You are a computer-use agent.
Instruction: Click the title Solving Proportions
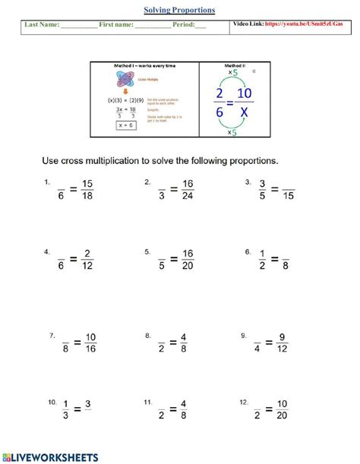pos(179,10)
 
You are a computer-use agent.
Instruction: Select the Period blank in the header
pos(201,25)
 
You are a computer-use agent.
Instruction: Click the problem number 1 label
pos(47,182)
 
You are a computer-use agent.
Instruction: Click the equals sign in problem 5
pos(173,260)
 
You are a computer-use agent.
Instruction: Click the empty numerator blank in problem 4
pos(61,253)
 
